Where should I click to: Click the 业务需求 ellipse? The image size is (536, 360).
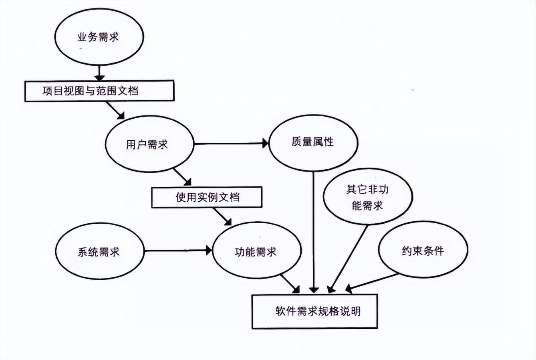[99, 38]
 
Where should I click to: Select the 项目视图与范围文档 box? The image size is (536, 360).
[99, 91]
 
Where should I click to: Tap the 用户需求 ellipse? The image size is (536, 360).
[149, 144]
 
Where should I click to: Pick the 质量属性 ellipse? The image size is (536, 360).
[313, 142]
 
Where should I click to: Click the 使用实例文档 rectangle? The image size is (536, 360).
[207, 197]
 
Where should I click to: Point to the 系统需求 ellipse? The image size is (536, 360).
[99, 252]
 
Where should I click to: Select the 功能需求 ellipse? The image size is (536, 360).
[256, 252]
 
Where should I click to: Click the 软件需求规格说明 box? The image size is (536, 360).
[314, 311]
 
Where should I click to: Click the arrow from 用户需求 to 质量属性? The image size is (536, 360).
[230, 143]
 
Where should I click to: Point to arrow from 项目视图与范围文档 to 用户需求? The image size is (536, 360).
[115, 110]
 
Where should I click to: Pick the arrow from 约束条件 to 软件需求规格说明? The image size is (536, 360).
[373, 282]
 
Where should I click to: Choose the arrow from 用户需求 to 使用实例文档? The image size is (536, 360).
[183, 178]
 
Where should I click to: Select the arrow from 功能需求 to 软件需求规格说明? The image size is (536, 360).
[290, 283]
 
